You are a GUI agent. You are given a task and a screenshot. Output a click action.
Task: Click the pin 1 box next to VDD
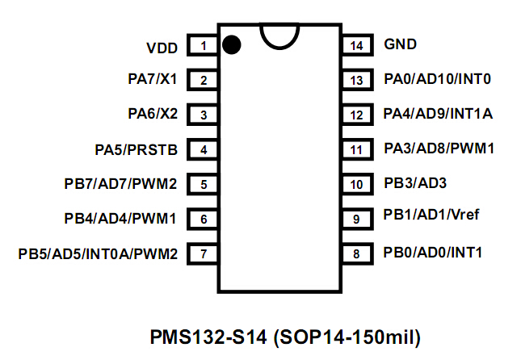click(204, 45)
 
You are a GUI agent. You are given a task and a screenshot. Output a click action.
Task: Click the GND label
click(401, 44)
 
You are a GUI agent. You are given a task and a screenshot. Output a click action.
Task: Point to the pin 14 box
click(356, 45)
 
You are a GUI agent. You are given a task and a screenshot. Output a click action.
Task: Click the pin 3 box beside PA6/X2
click(204, 115)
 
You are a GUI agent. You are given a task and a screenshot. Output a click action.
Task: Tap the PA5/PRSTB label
click(136, 149)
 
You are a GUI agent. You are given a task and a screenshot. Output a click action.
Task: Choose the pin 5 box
click(204, 184)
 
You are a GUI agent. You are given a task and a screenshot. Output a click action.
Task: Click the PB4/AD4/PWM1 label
click(120, 218)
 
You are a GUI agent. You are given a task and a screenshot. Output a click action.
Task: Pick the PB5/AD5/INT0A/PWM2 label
click(98, 253)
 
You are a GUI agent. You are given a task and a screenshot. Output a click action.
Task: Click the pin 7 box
click(204, 253)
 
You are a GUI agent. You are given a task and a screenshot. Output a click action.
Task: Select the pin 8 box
click(356, 253)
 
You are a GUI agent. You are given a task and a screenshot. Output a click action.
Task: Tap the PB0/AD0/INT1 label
click(433, 253)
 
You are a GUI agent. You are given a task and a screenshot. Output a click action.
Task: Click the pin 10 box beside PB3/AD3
click(356, 184)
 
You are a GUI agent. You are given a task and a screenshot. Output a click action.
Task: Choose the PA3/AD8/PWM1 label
click(439, 149)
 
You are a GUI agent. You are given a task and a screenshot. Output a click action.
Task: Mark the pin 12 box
click(356, 115)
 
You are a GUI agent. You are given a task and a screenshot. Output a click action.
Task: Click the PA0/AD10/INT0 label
click(438, 79)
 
